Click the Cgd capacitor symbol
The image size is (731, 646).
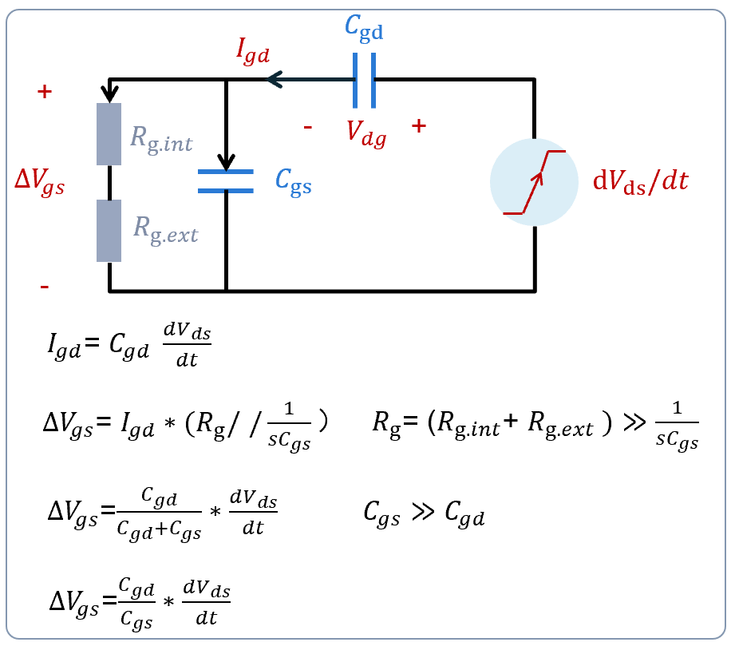(x=364, y=80)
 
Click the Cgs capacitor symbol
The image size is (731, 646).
(x=226, y=181)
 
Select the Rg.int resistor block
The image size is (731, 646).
(x=109, y=134)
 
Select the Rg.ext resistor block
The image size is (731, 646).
(x=109, y=230)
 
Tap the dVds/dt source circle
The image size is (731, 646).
(x=534, y=182)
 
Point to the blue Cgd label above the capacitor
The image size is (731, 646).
(x=364, y=29)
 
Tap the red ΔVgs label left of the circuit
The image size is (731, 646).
(x=39, y=183)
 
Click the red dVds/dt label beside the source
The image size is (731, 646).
(x=640, y=181)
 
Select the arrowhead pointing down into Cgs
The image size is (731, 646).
(x=226, y=163)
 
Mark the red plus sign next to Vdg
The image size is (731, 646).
(x=418, y=125)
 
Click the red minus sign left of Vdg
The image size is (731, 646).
(x=307, y=127)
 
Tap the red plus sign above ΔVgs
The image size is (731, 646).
(x=45, y=92)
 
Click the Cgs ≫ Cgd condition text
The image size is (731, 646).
(x=424, y=517)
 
